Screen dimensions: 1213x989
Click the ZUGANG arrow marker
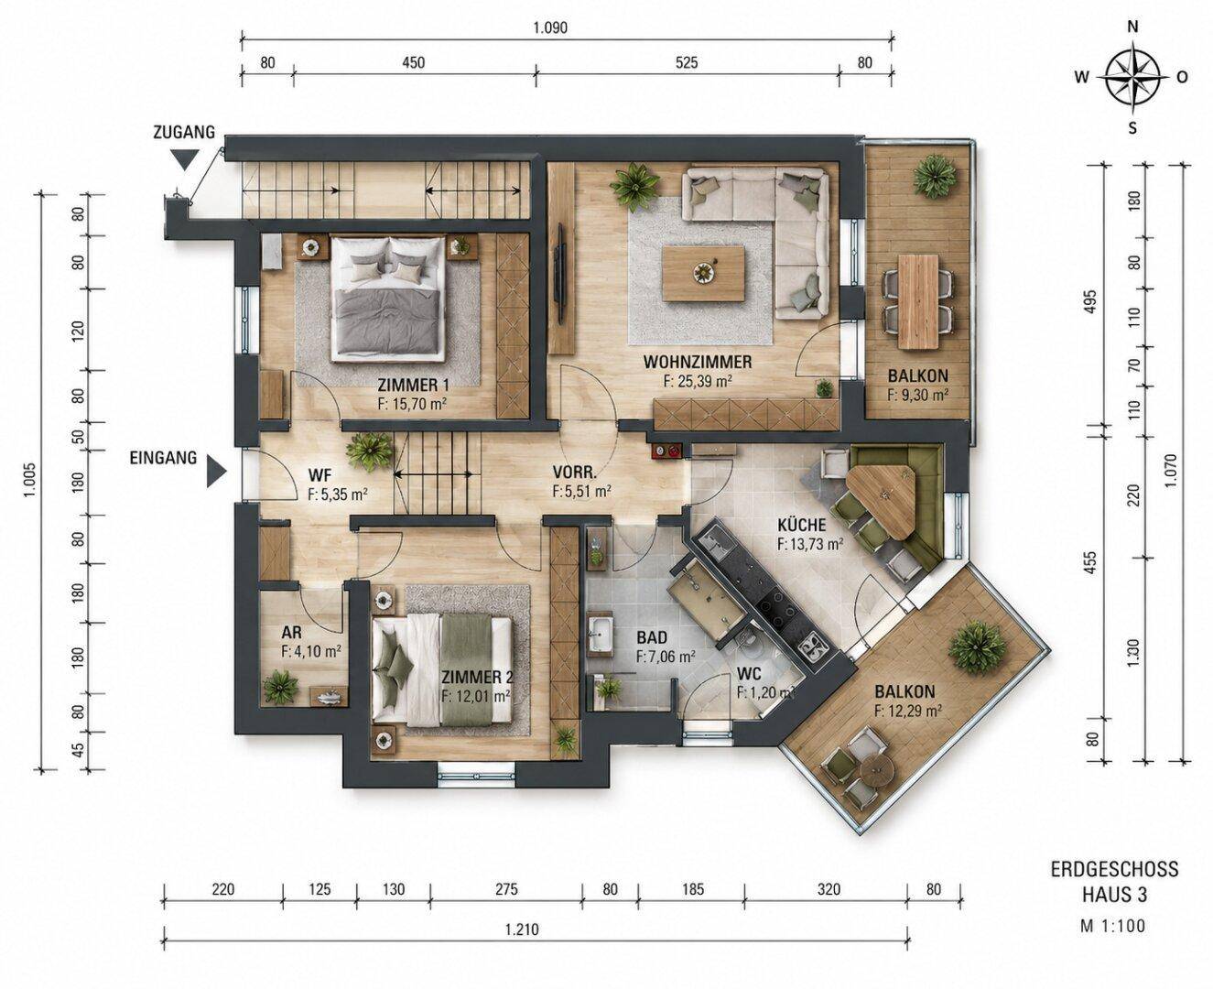click(186, 159)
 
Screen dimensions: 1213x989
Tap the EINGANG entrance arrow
click(216, 470)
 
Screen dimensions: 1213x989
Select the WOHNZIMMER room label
click(697, 362)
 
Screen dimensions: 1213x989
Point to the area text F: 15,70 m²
click(411, 403)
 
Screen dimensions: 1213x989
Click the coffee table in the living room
click(704, 273)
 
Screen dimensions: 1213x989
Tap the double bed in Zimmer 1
click(387, 299)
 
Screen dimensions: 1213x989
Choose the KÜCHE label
click(802, 524)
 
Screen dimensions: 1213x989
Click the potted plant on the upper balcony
click(934, 177)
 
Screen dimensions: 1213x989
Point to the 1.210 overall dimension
click(522, 929)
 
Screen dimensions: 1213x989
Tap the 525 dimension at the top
click(687, 62)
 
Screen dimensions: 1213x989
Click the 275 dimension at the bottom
click(506, 889)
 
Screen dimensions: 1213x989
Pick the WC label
click(749, 675)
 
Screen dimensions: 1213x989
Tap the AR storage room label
click(291, 633)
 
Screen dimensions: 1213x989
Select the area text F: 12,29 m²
click(908, 711)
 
